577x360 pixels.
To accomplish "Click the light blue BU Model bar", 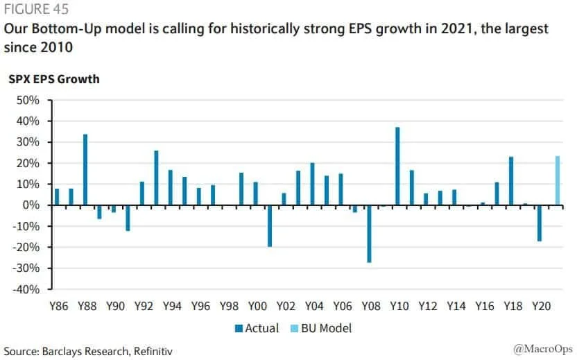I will [x=558, y=180].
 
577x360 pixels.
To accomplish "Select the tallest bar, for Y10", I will [x=397, y=166].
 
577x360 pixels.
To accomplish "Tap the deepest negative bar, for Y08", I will [x=369, y=234].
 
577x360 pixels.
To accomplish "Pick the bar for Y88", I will [x=85, y=170].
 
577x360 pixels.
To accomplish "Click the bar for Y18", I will [x=510, y=181].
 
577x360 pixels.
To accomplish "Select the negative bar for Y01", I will [x=270, y=226].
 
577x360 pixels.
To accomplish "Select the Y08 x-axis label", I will [x=371, y=306].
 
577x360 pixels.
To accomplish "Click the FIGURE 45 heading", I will [x=36, y=10].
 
